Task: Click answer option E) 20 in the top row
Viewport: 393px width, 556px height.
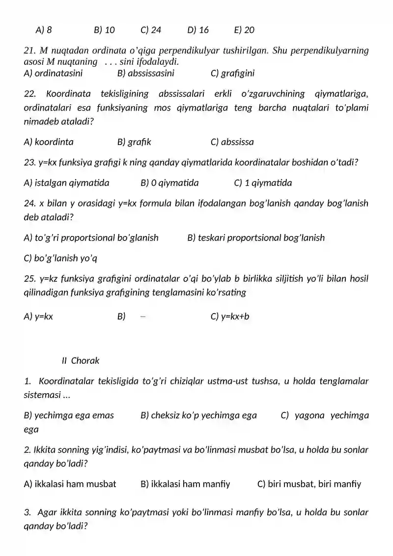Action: point(244,30)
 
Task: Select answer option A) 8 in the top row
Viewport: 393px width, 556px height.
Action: point(44,30)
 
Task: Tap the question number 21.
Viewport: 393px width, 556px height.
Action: point(29,51)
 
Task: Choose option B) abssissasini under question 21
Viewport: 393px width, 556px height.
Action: point(145,74)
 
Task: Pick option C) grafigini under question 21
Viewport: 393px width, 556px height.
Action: point(232,74)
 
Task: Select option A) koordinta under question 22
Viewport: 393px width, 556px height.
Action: point(49,142)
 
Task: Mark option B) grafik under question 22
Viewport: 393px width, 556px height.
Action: point(134,142)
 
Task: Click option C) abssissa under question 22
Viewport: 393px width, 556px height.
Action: point(232,142)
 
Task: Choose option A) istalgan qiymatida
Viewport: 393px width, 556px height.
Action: point(66,183)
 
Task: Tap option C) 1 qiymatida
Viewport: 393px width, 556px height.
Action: point(263,183)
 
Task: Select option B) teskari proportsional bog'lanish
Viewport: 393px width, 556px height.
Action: point(256,238)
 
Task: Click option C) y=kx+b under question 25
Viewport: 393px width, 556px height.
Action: point(229,316)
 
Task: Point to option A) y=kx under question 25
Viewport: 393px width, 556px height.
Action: point(38,316)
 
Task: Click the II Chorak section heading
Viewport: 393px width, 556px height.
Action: point(81,360)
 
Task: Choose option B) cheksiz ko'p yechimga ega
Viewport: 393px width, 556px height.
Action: point(198,415)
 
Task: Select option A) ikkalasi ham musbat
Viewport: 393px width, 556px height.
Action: point(70,484)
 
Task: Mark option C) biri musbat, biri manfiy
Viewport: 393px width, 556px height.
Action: point(309,484)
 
